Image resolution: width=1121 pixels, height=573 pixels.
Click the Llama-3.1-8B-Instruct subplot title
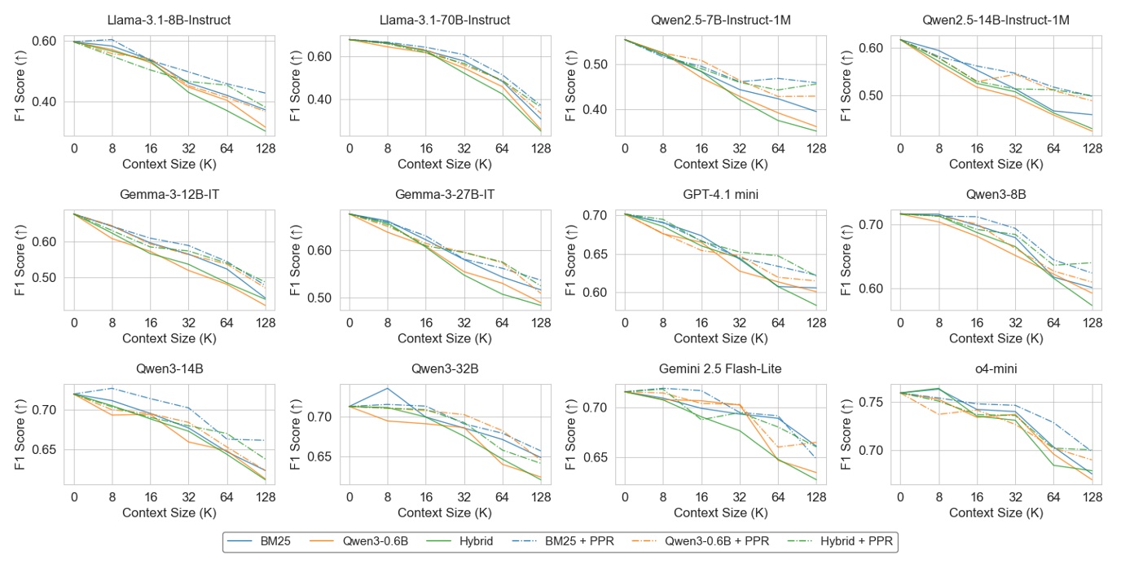[169, 20]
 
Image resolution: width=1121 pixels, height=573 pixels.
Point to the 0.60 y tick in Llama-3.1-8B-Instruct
[45, 41]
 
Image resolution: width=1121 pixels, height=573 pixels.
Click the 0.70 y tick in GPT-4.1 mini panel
[596, 215]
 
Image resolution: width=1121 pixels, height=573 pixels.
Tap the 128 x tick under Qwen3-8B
[1092, 322]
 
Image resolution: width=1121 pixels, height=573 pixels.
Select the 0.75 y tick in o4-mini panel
[871, 402]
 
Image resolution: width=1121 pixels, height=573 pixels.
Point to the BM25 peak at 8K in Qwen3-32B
[388, 388]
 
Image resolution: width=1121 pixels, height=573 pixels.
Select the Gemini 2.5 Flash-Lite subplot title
[720, 368]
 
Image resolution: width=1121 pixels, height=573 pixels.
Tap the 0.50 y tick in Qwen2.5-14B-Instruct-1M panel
[871, 95]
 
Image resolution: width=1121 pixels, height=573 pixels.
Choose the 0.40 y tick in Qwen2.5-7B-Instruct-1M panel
[596, 109]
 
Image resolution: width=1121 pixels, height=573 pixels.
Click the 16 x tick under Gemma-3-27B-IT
[426, 322]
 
